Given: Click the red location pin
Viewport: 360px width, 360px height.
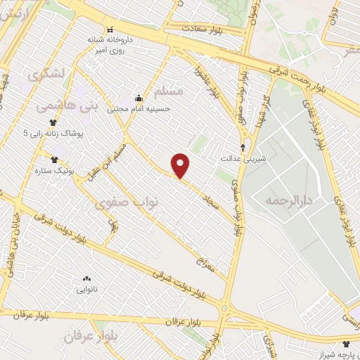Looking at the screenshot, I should (181, 165).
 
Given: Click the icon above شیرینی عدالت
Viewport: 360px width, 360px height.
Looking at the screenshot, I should (243, 148).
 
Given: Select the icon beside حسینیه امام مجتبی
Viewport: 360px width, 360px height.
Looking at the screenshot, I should (139, 98).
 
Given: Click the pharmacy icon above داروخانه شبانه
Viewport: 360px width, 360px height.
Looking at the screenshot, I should (109, 30).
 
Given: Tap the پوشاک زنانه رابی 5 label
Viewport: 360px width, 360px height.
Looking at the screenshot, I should (53, 133).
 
